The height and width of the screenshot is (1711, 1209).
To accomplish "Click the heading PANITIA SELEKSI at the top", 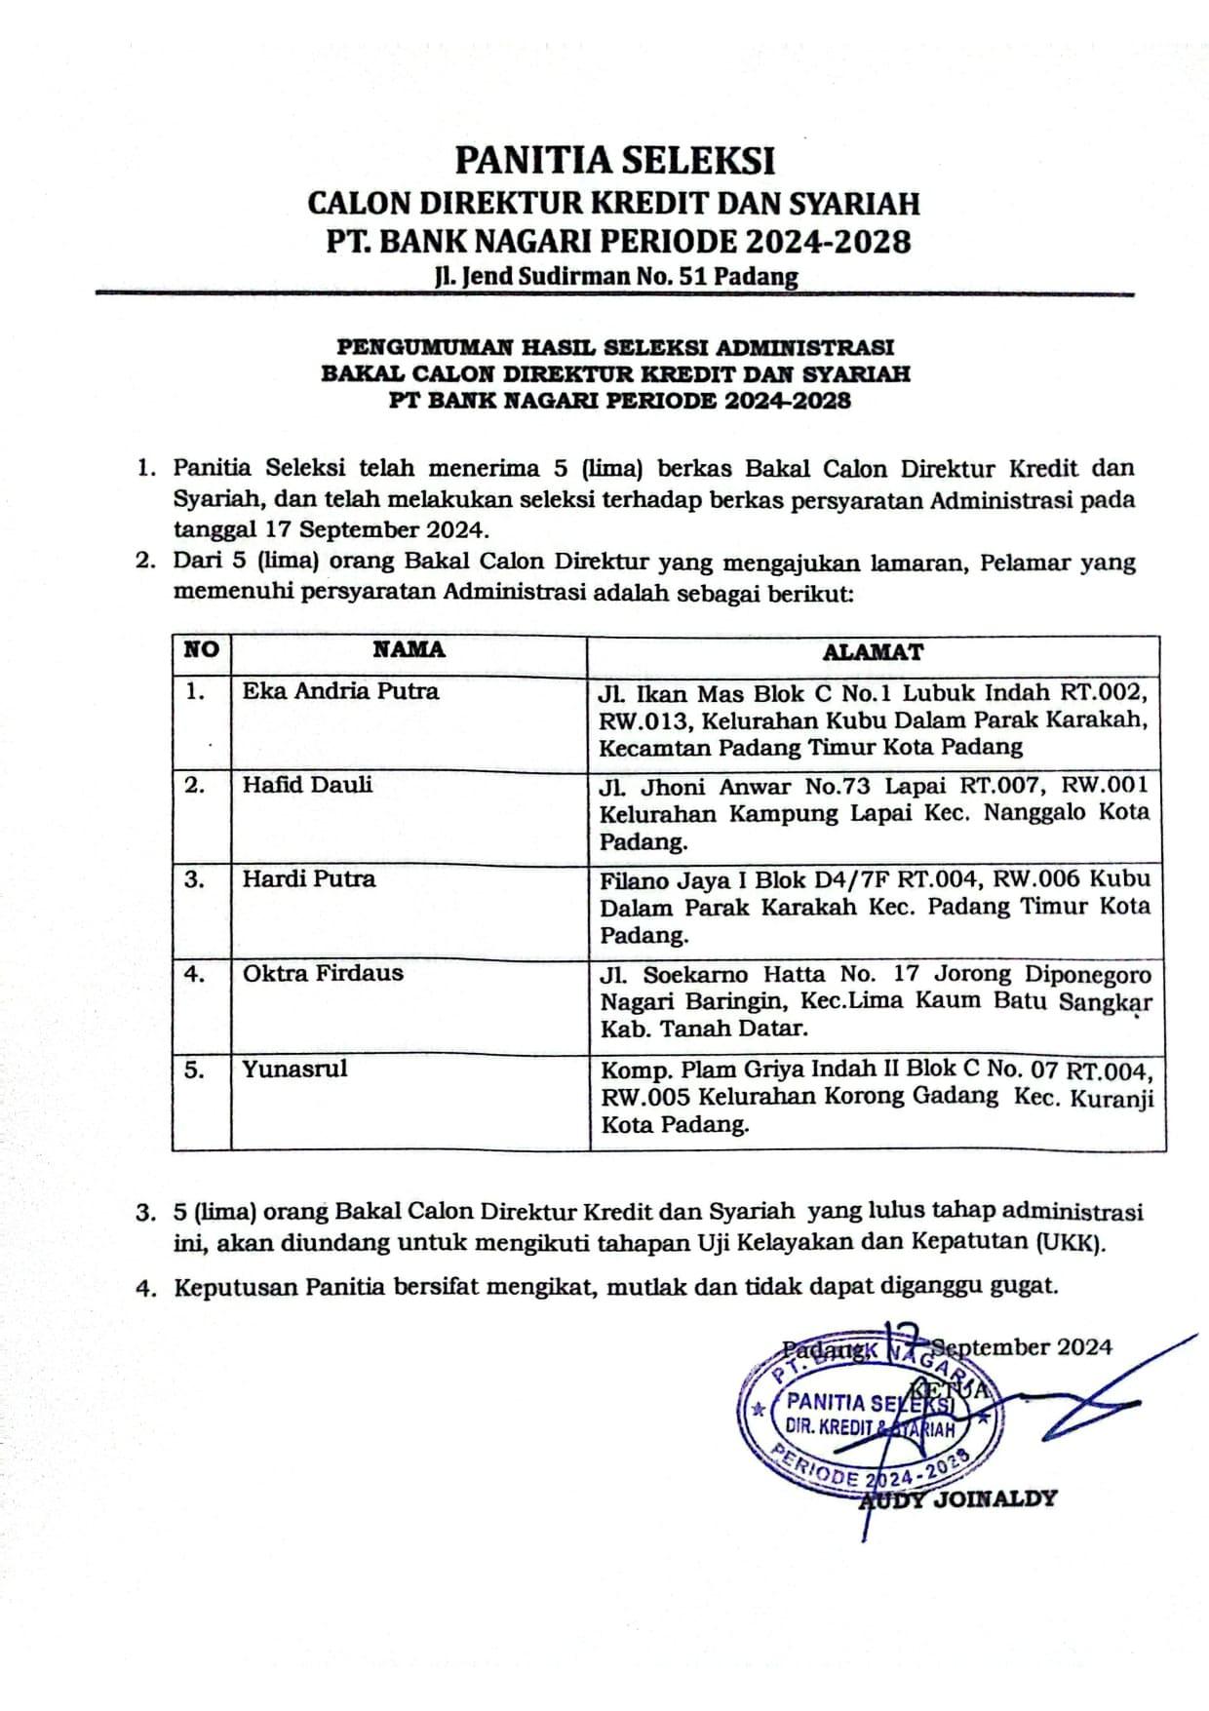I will (x=615, y=159).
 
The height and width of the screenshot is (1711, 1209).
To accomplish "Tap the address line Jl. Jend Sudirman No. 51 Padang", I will (x=616, y=277).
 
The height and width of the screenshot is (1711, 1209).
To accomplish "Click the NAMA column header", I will (x=409, y=650).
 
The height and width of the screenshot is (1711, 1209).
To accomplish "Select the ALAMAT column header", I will (x=873, y=652).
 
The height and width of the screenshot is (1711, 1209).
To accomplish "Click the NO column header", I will (x=201, y=650).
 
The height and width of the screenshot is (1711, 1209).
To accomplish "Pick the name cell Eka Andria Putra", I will (x=340, y=691).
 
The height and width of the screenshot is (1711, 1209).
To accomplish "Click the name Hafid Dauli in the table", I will (x=307, y=785).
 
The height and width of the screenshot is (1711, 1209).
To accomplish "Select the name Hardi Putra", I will (x=308, y=878).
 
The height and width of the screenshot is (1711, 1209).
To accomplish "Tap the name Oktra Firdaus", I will (x=322, y=973).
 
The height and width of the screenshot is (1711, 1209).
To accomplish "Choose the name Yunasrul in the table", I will (x=294, y=1069).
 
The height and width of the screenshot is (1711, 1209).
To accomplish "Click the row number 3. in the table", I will (x=194, y=878).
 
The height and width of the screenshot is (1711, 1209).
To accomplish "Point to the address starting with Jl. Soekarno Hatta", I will (x=875, y=1001).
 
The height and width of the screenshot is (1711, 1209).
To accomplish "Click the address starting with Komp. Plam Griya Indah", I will (x=876, y=1097).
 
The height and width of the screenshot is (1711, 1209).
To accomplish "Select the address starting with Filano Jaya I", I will (x=875, y=907).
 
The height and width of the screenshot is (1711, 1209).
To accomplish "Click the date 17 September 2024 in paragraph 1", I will (x=373, y=530).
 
